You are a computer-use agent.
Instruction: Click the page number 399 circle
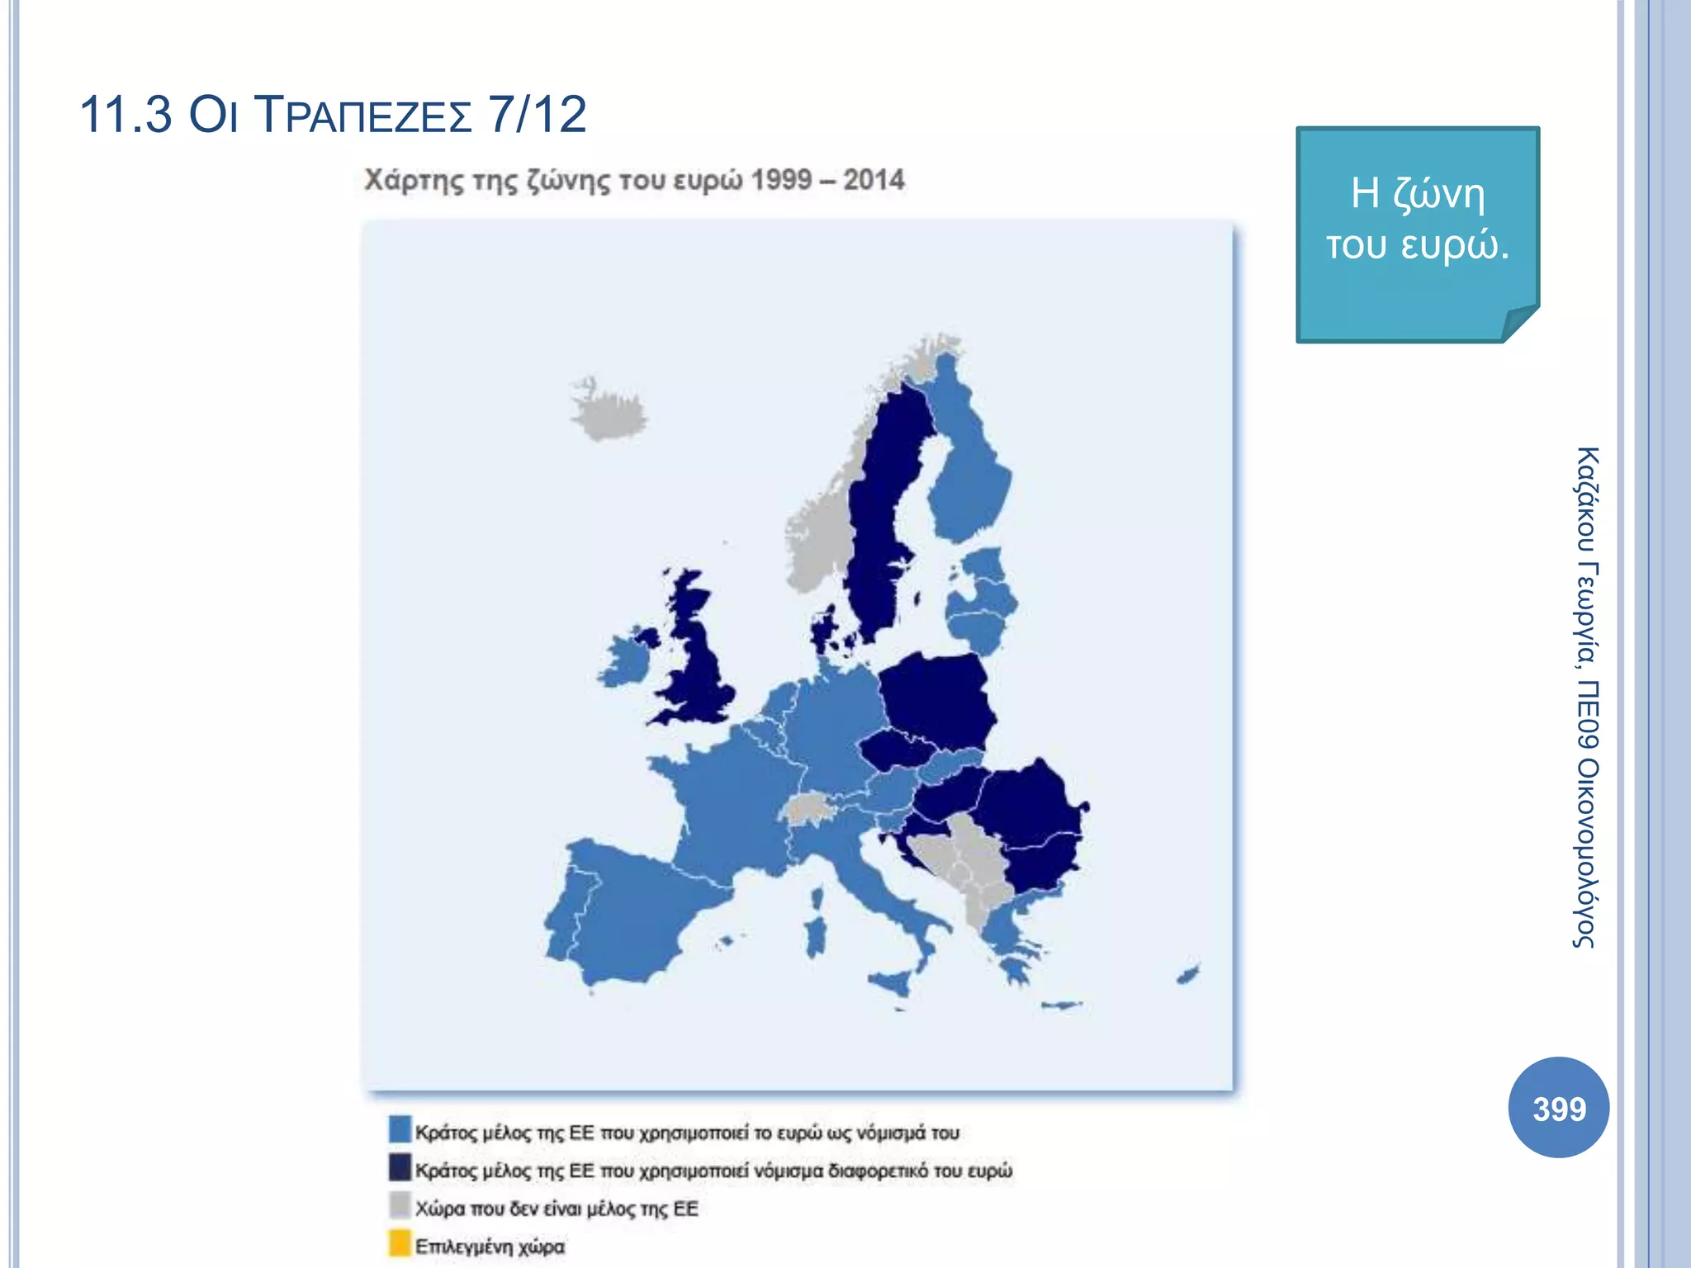click(1558, 1108)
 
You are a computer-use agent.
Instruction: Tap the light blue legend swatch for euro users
click(400, 1129)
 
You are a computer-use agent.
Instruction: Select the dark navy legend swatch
click(400, 1167)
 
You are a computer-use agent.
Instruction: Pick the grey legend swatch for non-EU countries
click(400, 1205)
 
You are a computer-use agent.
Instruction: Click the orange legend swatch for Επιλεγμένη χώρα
click(400, 1243)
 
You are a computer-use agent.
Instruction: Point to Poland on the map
click(937, 698)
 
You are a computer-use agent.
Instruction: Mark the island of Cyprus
click(1188, 974)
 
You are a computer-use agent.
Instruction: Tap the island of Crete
click(1061, 1005)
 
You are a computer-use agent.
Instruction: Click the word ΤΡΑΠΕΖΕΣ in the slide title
click(364, 115)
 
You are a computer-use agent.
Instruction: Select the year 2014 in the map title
click(874, 180)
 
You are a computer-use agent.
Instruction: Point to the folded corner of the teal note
click(1519, 323)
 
